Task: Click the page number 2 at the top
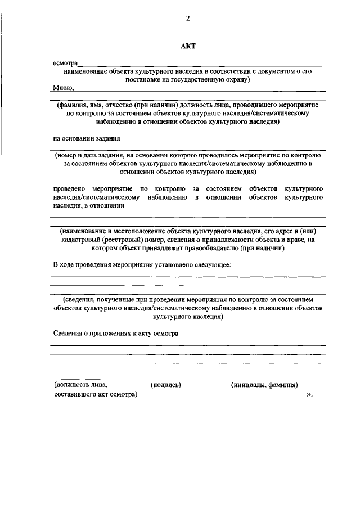[x=188, y=19]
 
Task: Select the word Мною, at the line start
[x=64, y=88]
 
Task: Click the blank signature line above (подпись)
[x=167, y=379]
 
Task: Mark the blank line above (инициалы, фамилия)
[x=263, y=379]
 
